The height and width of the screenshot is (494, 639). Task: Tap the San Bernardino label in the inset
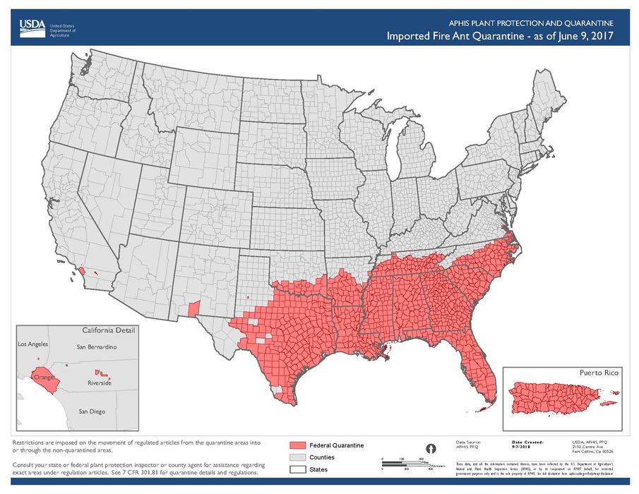[97, 348]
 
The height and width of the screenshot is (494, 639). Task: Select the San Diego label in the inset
[92, 410]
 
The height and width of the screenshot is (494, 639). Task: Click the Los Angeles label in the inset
[32, 344]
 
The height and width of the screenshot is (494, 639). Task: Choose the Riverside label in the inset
[99, 383]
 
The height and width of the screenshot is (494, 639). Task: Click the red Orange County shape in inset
[44, 375]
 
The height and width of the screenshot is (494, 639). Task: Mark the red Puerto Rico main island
[558, 395]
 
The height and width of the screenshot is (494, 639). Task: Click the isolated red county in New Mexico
[195, 308]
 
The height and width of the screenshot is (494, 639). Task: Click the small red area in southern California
[83, 270]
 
